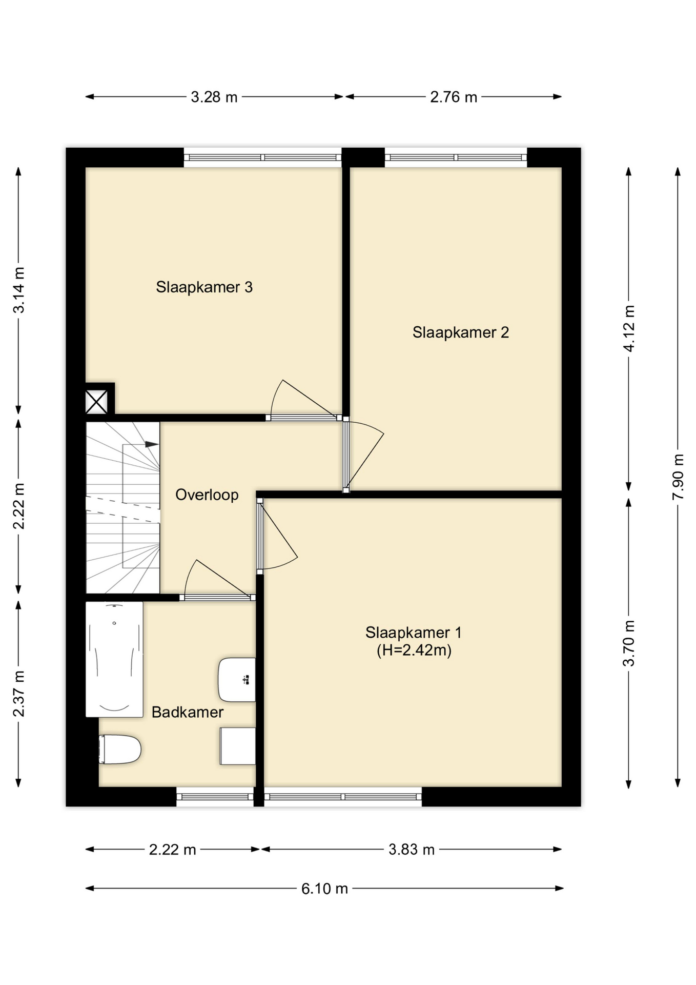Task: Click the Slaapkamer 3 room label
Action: (204, 287)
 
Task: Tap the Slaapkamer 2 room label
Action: (460, 332)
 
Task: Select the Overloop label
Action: (207, 495)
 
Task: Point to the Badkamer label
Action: (188, 712)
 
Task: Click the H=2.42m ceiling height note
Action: (414, 651)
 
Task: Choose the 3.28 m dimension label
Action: (214, 97)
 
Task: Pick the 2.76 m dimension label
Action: (454, 97)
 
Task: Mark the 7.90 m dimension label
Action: (678, 477)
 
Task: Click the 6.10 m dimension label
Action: (324, 889)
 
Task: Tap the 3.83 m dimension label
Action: (411, 850)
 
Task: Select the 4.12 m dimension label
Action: (629, 328)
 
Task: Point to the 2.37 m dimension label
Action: (18, 694)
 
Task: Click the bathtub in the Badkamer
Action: (114, 659)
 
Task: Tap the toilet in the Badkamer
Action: (120, 750)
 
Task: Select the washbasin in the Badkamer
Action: (237, 680)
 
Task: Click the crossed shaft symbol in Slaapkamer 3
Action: (96, 401)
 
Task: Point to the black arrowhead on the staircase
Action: (152, 444)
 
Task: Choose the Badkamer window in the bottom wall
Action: (215, 797)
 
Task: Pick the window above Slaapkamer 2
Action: (456, 157)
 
